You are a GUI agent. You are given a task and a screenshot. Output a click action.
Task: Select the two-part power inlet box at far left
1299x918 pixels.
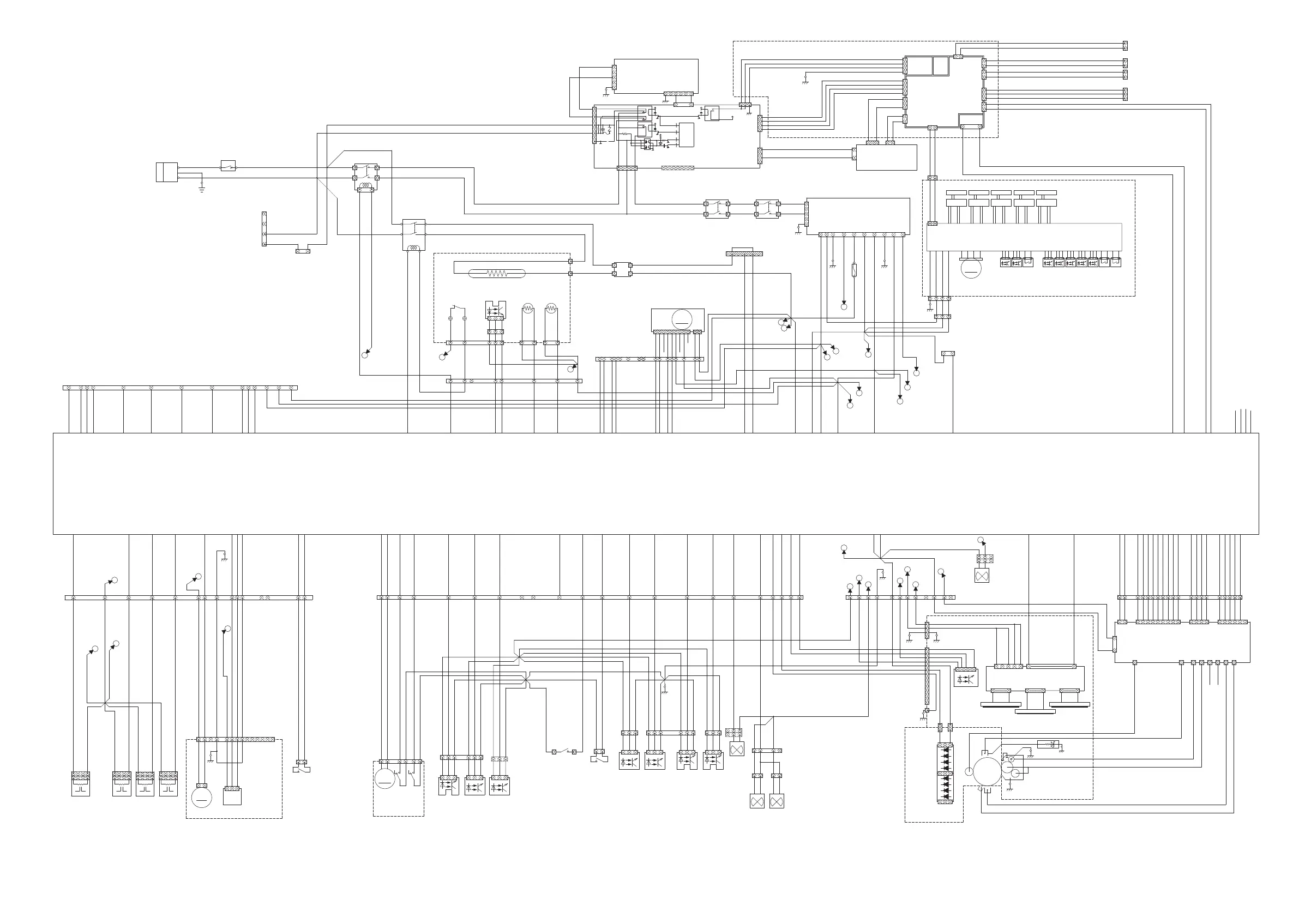(x=166, y=172)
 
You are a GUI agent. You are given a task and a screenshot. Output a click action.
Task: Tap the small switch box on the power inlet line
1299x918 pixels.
(x=227, y=166)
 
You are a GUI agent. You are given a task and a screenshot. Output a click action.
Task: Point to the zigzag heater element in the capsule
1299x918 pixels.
(x=497, y=274)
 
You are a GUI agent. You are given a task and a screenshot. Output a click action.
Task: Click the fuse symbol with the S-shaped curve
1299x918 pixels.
(x=855, y=270)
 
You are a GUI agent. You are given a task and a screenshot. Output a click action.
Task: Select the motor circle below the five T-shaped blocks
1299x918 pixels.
(x=971, y=268)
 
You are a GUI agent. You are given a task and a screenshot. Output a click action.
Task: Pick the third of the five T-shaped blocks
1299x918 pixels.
(x=1001, y=198)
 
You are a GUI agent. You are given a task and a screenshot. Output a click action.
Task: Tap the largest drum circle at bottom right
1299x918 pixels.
(x=987, y=772)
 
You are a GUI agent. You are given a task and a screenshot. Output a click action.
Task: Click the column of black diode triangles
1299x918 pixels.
(x=946, y=772)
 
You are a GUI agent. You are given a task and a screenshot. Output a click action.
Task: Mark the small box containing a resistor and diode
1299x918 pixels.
(x=1048, y=744)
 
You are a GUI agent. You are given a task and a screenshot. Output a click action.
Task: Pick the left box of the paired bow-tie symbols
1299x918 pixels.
(x=757, y=801)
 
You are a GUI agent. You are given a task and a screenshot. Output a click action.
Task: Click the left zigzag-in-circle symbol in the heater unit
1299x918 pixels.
(x=528, y=309)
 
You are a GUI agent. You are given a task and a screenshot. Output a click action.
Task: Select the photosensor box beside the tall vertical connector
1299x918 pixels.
(x=966, y=678)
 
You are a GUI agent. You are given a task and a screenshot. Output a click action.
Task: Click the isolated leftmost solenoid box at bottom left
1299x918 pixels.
(x=80, y=784)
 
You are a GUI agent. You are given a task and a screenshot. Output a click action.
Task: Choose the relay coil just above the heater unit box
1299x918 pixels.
(x=413, y=247)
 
